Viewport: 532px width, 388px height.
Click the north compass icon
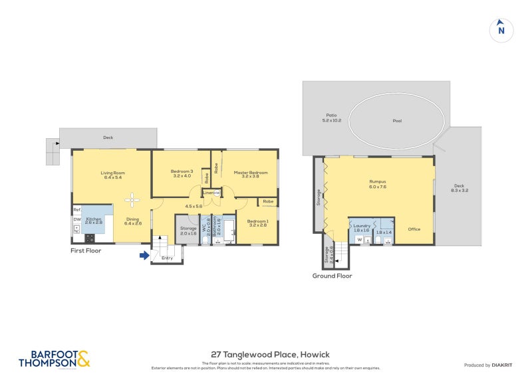coord(501,30)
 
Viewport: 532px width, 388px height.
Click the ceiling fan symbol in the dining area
coord(132,199)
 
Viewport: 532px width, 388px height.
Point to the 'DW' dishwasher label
coord(77,220)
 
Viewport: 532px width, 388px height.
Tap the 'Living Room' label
coord(113,173)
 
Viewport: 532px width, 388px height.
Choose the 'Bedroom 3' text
coord(182,171)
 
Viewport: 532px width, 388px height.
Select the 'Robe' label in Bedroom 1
coord(267,201)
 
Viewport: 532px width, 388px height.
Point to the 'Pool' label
coord(397,121)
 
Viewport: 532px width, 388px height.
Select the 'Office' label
coord(414,229)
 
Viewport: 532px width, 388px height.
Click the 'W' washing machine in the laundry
coord(359,239)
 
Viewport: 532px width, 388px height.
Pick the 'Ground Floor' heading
coord(332,276)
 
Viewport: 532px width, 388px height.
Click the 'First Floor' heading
coord(86,251)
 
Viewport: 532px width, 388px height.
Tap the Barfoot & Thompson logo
coord(54,359)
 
